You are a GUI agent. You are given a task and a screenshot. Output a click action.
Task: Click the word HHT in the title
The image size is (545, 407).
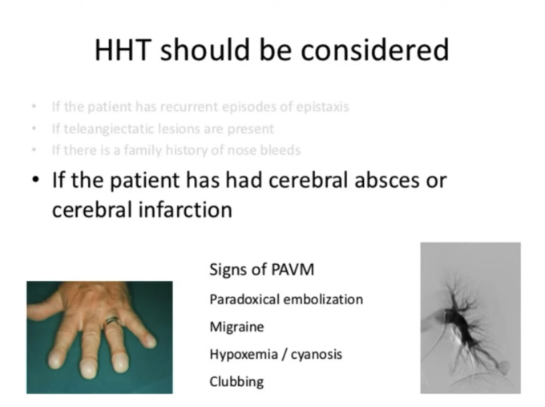(123, 51)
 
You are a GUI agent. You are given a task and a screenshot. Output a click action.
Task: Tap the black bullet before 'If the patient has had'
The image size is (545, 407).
(36, 180)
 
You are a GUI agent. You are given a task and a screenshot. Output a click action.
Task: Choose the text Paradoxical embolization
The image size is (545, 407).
(286, 299)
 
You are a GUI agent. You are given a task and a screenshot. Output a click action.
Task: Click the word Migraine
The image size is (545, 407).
(236, 328)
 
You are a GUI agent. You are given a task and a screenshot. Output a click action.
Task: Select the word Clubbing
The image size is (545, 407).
(236, 382)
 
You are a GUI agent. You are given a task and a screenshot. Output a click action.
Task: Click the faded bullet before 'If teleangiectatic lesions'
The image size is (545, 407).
(33, 128)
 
